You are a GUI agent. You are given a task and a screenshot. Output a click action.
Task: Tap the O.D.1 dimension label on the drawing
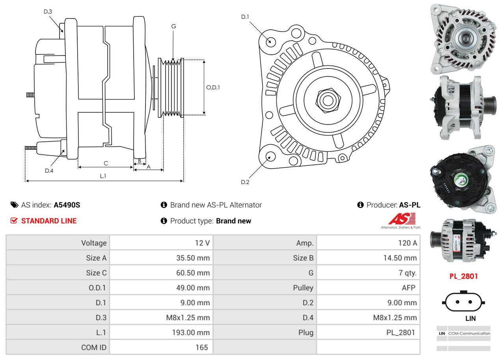pos(213,87)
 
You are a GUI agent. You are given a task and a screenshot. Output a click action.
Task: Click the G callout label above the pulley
pos(173,26)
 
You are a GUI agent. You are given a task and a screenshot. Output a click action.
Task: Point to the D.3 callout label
pos(48,11)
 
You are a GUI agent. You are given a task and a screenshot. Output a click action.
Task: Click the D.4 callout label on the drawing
pos(49,171)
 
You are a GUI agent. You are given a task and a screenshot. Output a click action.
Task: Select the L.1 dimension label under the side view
pos(103,176)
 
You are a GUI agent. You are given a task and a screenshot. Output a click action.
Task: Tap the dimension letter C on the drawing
pos(106,163)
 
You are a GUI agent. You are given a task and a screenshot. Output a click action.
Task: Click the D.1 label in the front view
pos(245,17)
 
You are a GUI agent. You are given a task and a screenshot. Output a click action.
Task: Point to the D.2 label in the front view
pos(245,182)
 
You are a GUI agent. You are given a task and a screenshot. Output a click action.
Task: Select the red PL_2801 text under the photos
pos(464,276)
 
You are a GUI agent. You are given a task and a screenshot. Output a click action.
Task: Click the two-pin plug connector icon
pos(464,302)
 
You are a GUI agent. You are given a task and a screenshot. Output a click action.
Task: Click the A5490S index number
pos(67,205)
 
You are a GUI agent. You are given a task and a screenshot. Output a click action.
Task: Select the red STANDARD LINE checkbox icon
pos(14,221)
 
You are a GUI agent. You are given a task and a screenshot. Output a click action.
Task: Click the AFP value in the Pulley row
pos(408,288)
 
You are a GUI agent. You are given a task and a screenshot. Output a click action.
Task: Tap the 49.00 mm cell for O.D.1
pos(193,288)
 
